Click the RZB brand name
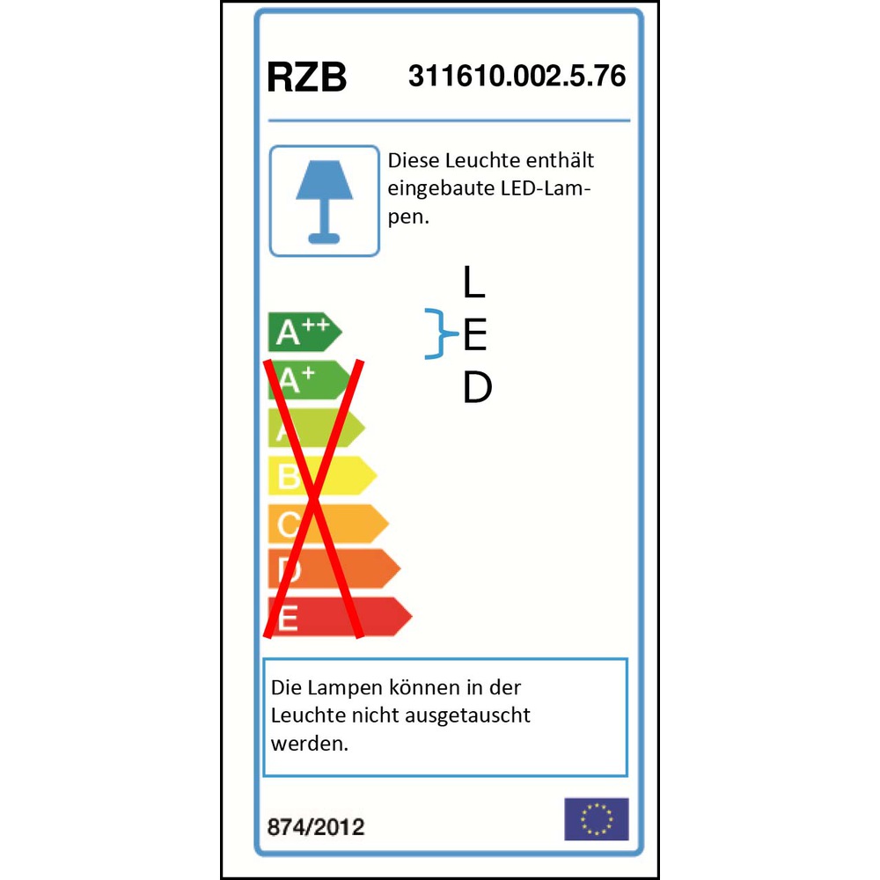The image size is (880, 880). tap(306, 77)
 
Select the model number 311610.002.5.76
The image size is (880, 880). tap(517, 76)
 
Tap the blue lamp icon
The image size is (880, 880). tap(325, 202)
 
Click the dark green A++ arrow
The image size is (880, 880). tap(304, 333)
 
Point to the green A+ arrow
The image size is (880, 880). tap(310, 380)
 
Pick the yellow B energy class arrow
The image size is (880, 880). tap(322, 475)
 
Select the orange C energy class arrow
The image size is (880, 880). tap(328, 524)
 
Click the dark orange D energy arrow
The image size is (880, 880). tap(334, 568)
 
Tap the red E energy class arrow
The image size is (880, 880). tap(340, 617)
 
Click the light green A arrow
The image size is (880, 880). tap(317, 428)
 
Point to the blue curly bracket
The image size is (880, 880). tap(441, 334)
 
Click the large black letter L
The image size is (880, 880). tap(473, 282)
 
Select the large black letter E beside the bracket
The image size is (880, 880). tap(475, 334)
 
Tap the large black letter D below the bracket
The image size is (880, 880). tap(478, 387)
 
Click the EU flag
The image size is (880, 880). tap(596, 818)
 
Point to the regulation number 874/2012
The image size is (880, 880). tap(316, 827)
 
